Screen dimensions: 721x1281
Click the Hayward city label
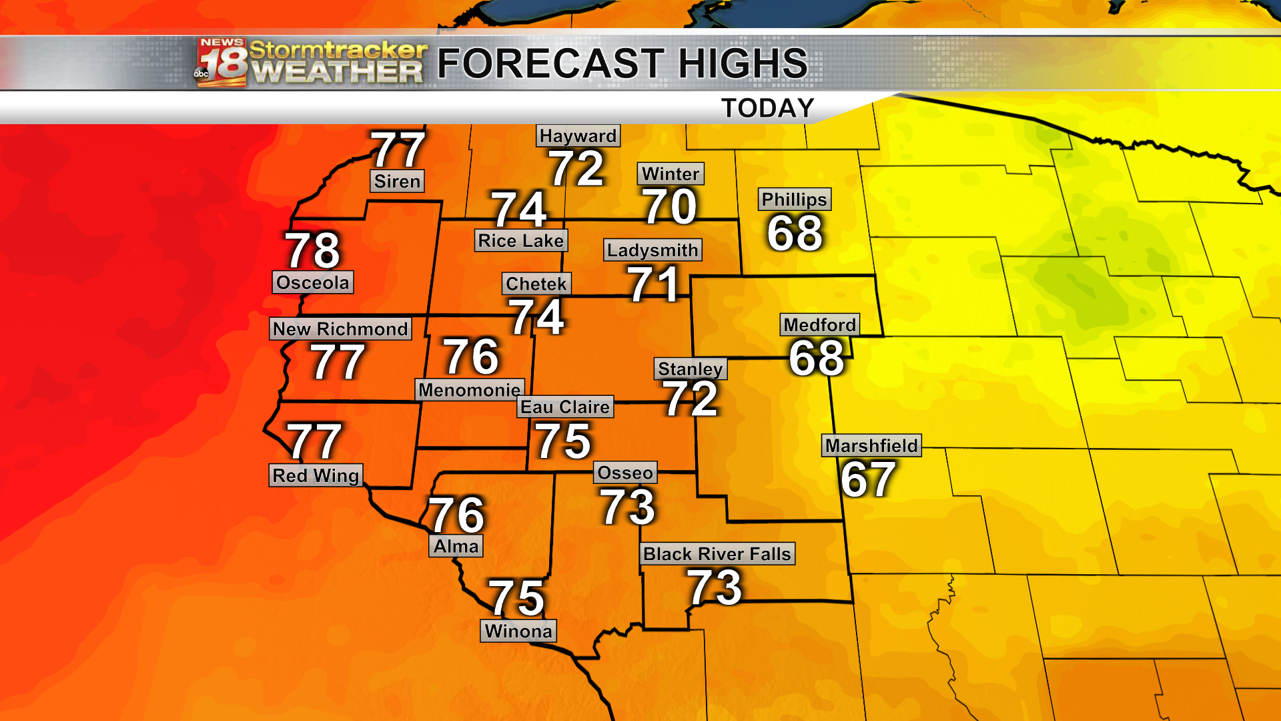pyautogui.click(x=578, y=136)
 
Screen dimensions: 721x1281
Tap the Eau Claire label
pyautogui.click(x=565, y=407)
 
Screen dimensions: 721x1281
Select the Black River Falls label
pyautogui.click(x=717, y=554)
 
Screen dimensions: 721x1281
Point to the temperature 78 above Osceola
pyautogui.click(x=313, y=250)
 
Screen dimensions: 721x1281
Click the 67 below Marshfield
pyautogui.click(x=867, y=479)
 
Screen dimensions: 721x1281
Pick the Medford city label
pyautogui.click(x=819, y=325)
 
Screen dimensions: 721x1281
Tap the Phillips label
pyautogui.click(x=794, y=200)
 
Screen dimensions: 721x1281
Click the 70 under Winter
pyautogui.click(x=670, y=206)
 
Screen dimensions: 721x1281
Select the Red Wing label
pyautogui.click(x=316, y=476)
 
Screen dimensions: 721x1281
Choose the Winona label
pyautogui.click(x=518, y=632)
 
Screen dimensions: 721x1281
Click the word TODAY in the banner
pyautogui.click(x=768, y=108)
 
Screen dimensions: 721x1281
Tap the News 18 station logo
pyautogui.click(x=222, y=63)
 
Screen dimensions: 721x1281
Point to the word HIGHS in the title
pyautogui.click(x=742, y=63)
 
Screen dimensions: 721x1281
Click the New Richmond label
pyautogui.click(x=340, y=329)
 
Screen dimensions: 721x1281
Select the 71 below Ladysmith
pyautogui.click(x=653, y=284)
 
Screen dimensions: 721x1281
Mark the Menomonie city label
pyautogui.click(x=470, y=390)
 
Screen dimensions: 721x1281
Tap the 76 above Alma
pyautogui.click(x=456, y=515)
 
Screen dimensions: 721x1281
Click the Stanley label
pyautogui.click(x=690, y=369)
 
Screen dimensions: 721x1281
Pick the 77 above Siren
pyautogui.click(x=398, y=150)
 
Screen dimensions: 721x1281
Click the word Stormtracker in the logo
pyautogui.click(x=338, y=49)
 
